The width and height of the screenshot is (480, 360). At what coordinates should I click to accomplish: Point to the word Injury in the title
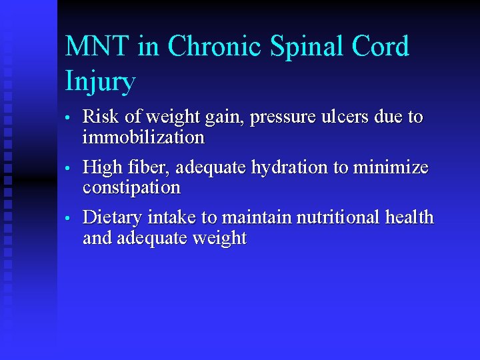tap(100, 82)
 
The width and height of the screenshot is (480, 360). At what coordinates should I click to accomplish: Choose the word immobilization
tap(143, 138)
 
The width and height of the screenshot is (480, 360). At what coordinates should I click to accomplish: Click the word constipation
tap(131, 188)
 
